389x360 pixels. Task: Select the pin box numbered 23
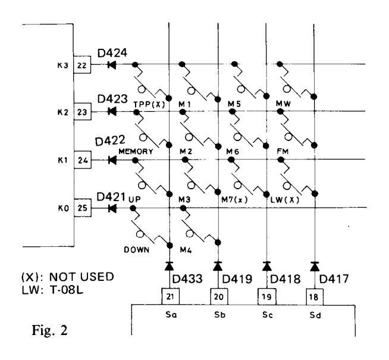82,111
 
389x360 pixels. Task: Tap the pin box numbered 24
82,159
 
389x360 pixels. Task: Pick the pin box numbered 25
82,208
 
